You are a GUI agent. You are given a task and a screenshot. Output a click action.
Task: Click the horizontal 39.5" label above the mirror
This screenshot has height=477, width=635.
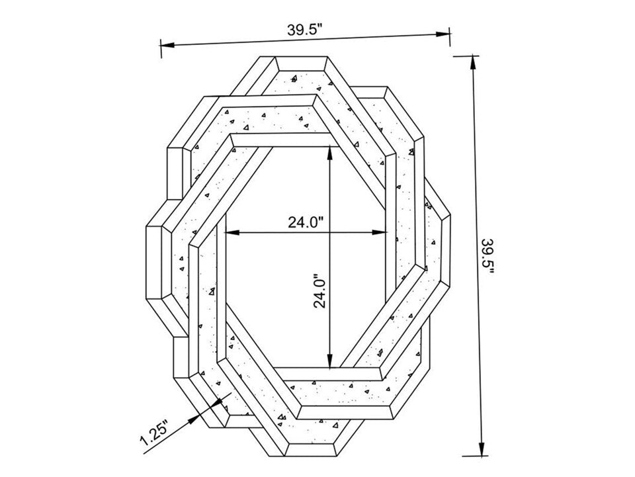click(x=304, y=30)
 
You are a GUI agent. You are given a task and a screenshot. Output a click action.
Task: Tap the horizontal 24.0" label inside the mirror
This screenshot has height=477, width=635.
click(x=306, y=222)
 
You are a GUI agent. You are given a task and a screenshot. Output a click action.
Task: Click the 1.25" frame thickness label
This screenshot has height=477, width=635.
click(x=154, y=434)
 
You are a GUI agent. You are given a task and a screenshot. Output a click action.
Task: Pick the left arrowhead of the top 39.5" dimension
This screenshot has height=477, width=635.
click(x=167, y=44)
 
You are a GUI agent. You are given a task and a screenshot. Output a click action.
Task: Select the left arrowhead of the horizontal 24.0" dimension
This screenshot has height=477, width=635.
click(x=232, y=232)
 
